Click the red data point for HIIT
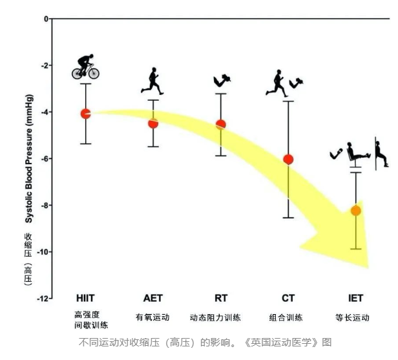85,114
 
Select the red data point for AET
153,123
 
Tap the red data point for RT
220,124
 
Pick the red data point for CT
288,159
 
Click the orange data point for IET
355,210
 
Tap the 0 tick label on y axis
46,19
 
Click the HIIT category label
86,298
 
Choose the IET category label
355,298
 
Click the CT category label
288,298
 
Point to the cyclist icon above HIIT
85,67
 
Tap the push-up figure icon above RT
221,80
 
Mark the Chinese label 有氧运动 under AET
152,317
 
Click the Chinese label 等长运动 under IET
352,317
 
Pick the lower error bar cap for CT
288,218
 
